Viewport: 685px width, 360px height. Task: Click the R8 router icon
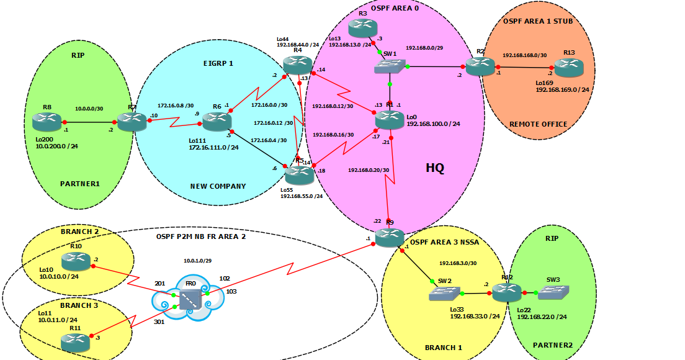47,122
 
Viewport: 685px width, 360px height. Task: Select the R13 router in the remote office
569,68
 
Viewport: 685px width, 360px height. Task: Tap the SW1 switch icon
390,66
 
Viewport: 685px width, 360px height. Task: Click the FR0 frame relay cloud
188,297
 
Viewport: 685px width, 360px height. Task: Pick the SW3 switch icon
553,293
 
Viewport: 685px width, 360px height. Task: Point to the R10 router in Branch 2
76,261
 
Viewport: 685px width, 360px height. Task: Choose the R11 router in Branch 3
76,343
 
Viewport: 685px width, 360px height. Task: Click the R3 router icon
362,29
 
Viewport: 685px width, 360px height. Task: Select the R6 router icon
217,122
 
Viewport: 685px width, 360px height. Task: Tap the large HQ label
435,168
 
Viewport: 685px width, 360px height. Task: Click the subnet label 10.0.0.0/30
89,109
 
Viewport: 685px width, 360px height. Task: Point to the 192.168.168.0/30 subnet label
525,55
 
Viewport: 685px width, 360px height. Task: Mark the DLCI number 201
160,284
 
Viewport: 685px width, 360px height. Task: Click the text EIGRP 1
218,63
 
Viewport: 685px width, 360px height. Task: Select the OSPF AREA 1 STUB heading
538,21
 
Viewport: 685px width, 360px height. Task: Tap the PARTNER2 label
553,345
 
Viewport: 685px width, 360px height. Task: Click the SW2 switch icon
445,294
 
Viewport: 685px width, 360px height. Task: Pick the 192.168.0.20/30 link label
369,171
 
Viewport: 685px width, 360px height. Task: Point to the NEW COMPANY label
218,186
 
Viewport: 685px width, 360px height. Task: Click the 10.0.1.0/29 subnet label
197,261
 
